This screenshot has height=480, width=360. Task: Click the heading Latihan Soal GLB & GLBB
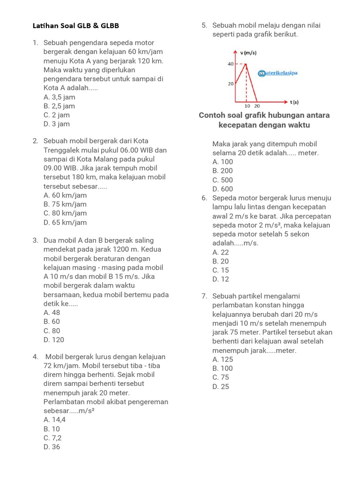[x=78, y=26]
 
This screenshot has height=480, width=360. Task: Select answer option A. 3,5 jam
[x=59, y=97]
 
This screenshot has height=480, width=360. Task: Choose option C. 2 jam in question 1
[x=56, y=115]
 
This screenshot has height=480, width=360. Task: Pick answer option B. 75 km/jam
[x=65, y=204]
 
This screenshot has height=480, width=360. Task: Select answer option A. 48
[x=52, y=313]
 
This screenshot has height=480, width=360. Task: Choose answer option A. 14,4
[x=54, y=420]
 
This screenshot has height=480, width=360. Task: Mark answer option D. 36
[x=52, y=447]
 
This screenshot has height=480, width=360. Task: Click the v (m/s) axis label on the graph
[x=248, y=53]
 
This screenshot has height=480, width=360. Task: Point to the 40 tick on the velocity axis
[x=231, y=64]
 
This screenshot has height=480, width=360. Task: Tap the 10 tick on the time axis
[x=247, y=106]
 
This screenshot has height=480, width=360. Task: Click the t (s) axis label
[x=294, y=102]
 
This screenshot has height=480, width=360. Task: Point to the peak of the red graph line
[x=247, y=64]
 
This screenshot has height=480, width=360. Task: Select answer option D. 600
[x=222, y=189]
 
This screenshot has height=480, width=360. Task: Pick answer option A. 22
[x=220, y=252]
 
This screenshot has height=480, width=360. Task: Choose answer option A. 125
[x=222, y=360]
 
